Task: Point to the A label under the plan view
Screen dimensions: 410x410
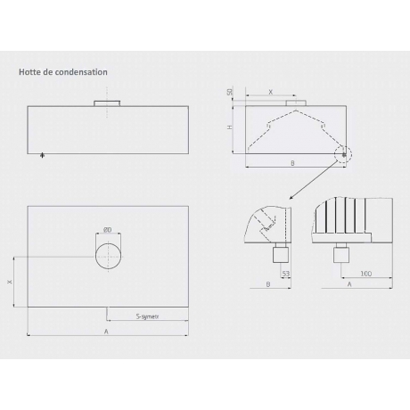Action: point(107,330)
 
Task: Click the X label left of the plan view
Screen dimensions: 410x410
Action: point(10,282)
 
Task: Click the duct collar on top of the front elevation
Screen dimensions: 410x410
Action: point(107,106)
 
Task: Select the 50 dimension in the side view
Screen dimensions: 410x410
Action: point(230,93)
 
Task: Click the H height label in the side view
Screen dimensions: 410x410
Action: point(230,127)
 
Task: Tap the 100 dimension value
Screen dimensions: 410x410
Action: point(365,275)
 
